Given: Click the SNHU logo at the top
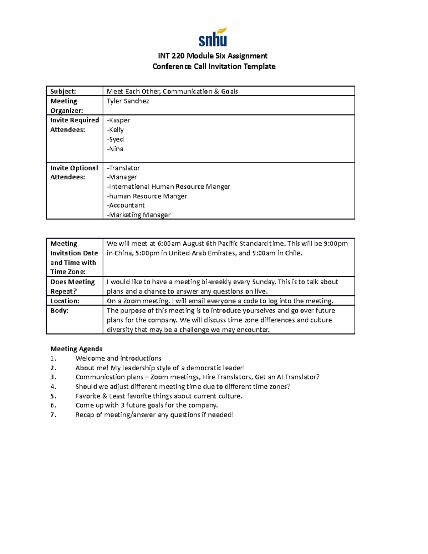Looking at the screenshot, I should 213,37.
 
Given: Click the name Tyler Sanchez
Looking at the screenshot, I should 128,101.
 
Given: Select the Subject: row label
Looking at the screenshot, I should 63,91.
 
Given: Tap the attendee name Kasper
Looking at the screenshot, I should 119,120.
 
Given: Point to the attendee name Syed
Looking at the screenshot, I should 116,139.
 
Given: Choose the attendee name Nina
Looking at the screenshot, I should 116,149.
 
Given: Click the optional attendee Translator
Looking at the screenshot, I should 124,168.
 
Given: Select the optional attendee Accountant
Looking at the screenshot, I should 126,205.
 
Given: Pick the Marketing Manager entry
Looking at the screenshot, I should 139,215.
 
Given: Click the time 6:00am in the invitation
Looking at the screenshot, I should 169,244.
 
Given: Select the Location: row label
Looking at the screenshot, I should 65,301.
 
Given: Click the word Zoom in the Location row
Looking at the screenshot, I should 132,301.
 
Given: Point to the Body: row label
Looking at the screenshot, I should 59,310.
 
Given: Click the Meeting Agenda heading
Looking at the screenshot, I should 76,349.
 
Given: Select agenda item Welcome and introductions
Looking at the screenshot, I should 118,358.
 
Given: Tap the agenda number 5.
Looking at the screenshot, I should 53,396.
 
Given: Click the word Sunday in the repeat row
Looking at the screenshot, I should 263,282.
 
